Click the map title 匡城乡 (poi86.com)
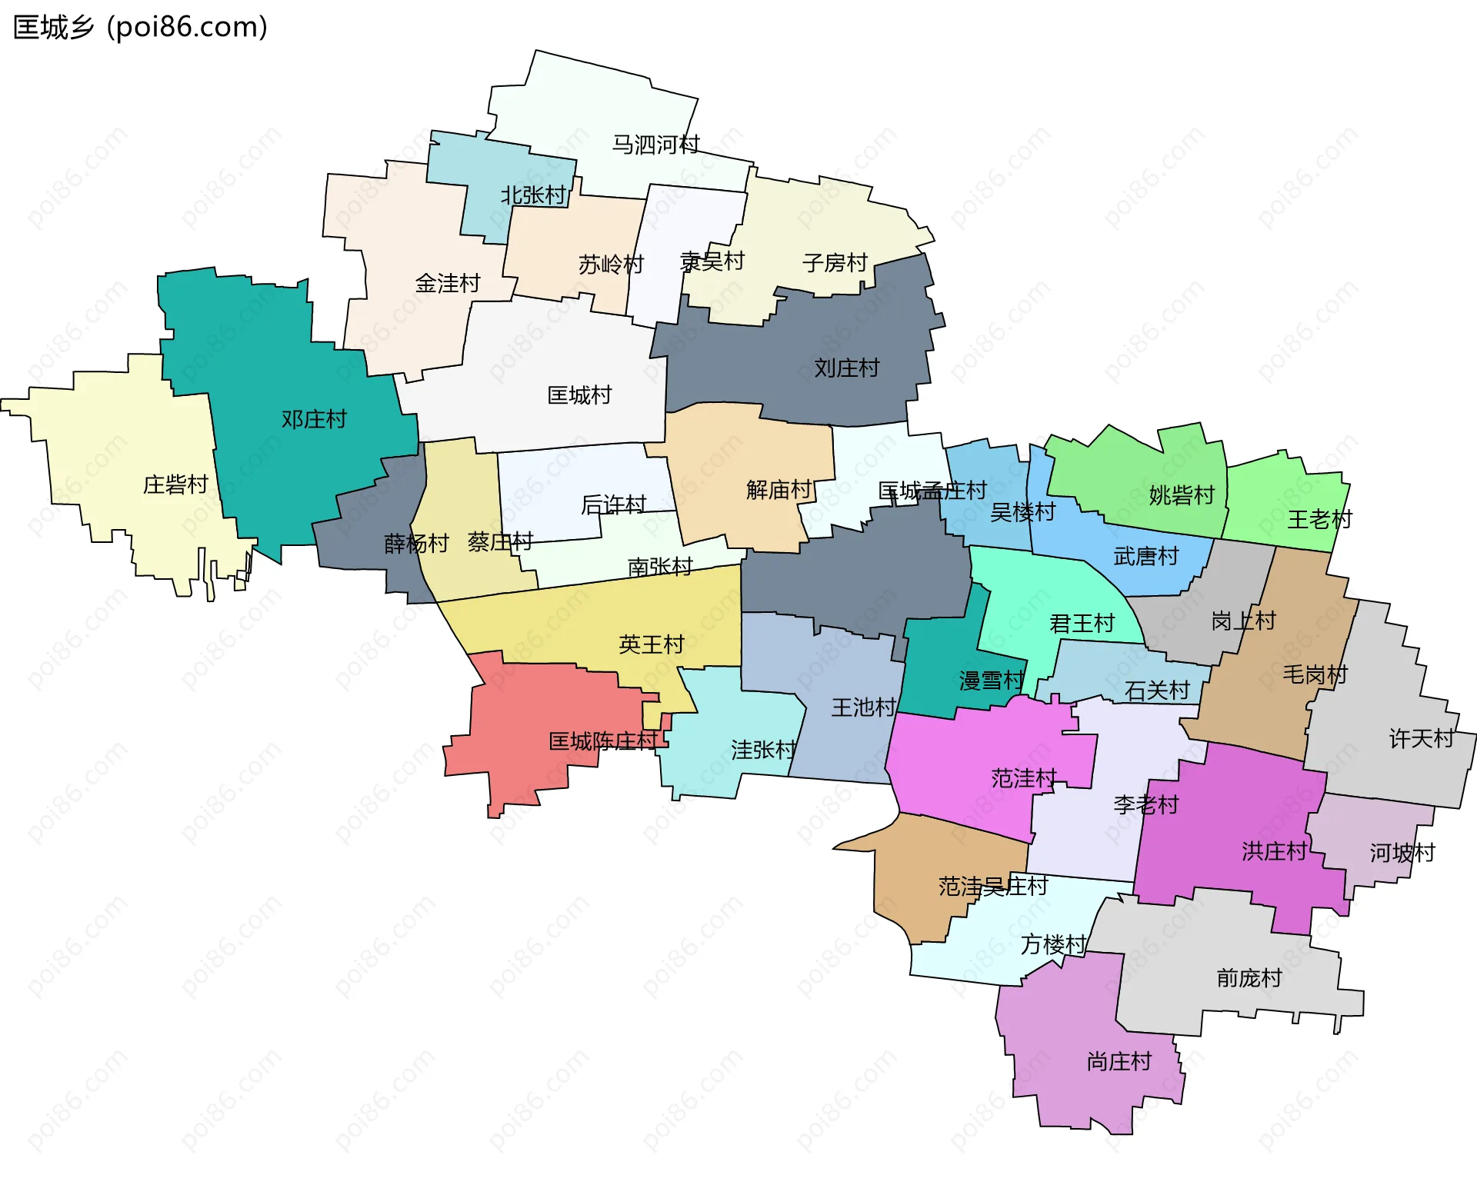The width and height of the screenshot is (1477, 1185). (141, 28)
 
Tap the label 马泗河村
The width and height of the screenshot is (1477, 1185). (655, 145)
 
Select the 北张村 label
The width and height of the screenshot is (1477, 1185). (533, 195)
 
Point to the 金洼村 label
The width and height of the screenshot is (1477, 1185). (448, 284)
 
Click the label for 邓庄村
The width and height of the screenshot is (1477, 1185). (314, 420)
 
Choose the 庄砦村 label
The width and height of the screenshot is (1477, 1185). (175, 485)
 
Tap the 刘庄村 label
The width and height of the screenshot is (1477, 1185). (847, 368)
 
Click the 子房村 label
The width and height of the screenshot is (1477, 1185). (835, 264)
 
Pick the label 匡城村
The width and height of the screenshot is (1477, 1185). (579, 396)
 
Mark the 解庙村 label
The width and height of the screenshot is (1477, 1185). (779, 490)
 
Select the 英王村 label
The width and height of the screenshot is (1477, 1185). (652, 644)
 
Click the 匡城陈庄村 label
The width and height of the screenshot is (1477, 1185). (603, 741)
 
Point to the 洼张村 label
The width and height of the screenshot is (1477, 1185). (763, 750)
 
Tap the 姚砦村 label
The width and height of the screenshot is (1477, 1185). (1182, 495)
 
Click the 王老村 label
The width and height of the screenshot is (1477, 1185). (1320, 520)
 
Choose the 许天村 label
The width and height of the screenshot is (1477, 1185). (1422, 739)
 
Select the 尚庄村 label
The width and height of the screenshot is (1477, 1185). (1119, 1062)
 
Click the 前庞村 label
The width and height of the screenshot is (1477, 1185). (1249, 978)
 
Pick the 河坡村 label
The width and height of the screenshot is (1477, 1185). (1402, 853)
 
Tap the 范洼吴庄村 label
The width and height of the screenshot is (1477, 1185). (993, 887)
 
